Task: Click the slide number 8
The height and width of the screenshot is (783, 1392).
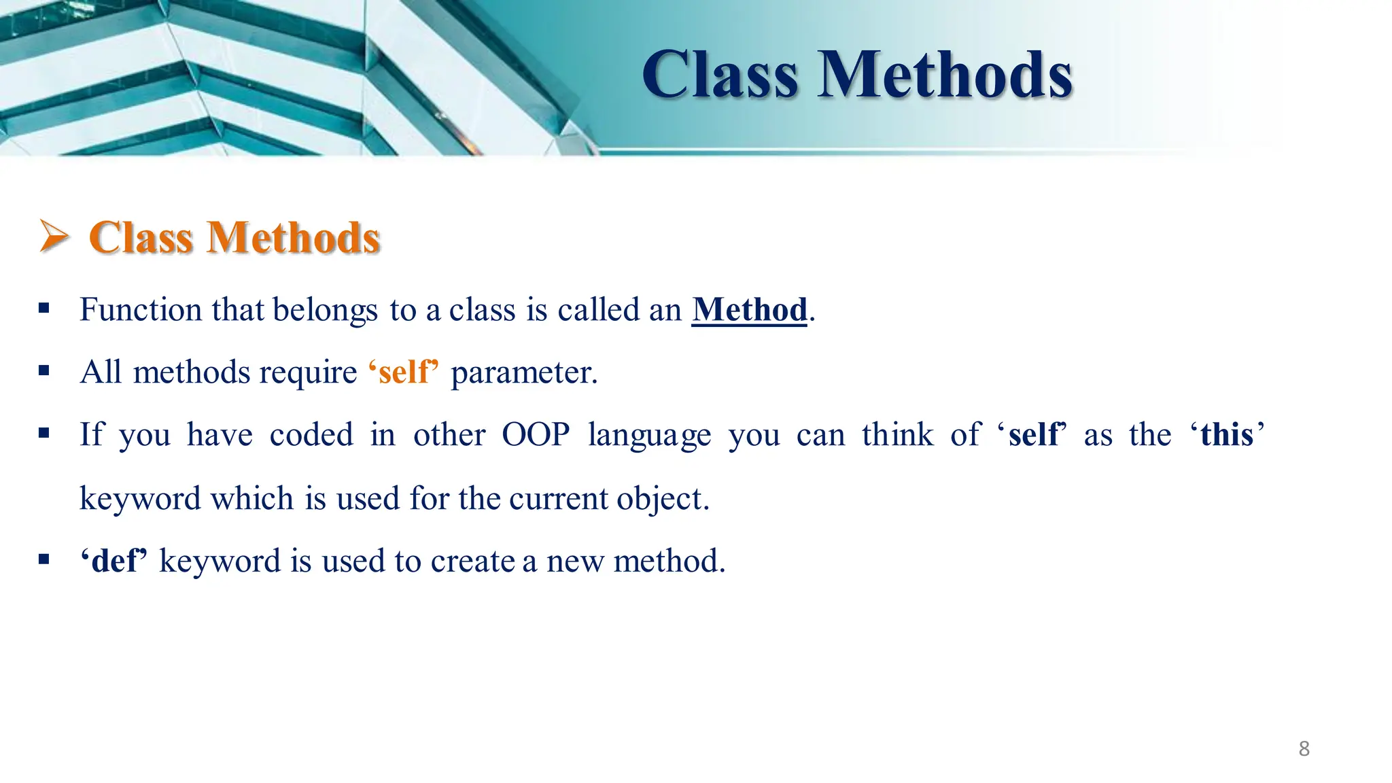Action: coord(1304,748)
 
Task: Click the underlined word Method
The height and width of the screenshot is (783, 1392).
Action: coord(749,310)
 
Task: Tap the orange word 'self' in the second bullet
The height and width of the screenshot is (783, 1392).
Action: coord(404,372)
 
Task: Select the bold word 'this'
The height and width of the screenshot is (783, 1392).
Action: coord(1227,435)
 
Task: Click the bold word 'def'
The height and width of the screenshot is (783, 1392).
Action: coord(114,561)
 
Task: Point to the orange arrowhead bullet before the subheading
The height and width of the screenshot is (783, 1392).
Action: coord(54,237)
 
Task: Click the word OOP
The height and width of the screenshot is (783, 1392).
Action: coord(536,435)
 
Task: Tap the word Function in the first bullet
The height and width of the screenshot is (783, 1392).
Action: coord(140,310)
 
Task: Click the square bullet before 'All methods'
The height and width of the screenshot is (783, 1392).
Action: coord(44,371)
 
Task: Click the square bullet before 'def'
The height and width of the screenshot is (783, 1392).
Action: coord(44,560)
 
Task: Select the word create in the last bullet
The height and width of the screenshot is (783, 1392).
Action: coord(472,561)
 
